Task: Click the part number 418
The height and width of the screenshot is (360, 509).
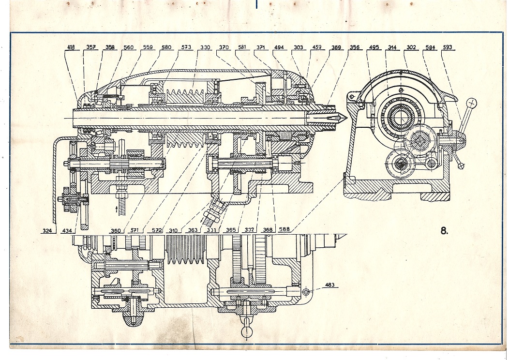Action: (71, 47)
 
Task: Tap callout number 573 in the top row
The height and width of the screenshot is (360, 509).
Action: (186, 47)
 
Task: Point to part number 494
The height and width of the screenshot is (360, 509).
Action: (279, 47)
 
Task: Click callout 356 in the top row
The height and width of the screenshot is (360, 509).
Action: (354, 47)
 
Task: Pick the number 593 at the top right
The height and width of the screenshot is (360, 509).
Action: (448, 47)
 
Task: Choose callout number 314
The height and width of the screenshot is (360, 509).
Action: (392, 47)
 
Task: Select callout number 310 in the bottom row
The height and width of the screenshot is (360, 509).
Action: (173, 230)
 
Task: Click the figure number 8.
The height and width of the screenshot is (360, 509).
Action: (444, 231)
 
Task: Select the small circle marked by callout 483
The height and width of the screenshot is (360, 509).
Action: (306, 292)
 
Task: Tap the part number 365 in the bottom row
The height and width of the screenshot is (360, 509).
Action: (230, 230)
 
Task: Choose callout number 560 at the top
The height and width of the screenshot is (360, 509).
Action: (129, 47)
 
